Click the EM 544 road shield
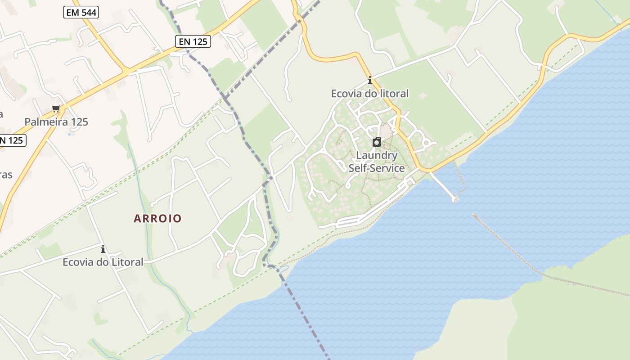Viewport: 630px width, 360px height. click(81, 13)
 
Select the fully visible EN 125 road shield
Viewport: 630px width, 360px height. click(193, 42)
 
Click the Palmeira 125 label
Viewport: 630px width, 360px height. click(56, 122)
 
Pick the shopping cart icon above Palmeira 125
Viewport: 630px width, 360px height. click(56, 108)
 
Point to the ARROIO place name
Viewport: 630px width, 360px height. click(158, 219)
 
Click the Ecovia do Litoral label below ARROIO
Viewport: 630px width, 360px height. click(103, 262)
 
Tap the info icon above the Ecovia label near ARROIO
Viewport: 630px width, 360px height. click(103, 249)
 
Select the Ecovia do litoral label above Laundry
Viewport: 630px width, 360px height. click(370, 94)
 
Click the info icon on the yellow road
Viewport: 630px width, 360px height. click(370, 81)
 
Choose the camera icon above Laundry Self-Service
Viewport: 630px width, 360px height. click(377, 142)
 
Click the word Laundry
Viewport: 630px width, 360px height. click(377, 156)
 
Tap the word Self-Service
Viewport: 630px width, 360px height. click(377, 168)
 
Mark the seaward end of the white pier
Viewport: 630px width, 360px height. click(454, 198)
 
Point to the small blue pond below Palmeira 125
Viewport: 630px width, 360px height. click(69, 134)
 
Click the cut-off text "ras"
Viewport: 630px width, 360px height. click(6, 175)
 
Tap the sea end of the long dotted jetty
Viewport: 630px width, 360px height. click(474, 215)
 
